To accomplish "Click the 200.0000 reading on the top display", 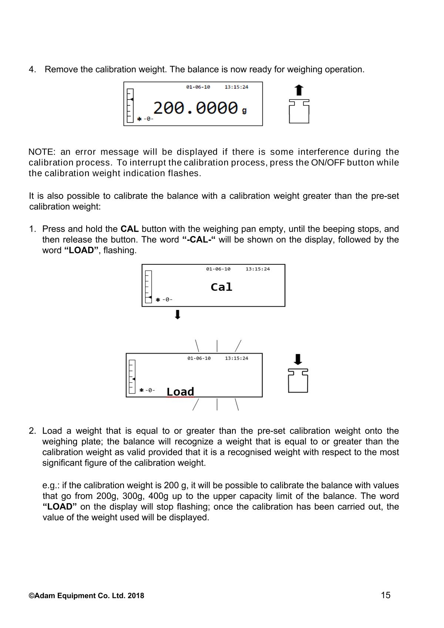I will (195, 108).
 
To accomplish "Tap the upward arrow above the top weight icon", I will (299, 90).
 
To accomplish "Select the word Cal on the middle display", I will (221, 287).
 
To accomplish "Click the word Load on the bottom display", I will (180, 392).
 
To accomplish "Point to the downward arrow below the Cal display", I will (178, 315).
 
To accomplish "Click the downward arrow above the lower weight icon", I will (298, 359).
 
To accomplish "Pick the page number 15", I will (386, 595).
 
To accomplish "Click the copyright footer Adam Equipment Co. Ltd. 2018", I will (87, 595).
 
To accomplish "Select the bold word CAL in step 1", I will (129, 229).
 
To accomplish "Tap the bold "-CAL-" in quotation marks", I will (199, 240).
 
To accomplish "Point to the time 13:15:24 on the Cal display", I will (258, 269).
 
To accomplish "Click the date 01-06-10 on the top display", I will (198, 87).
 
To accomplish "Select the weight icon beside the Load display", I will (298, 381).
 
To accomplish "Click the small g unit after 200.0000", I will (244, 110).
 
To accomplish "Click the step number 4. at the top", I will (33, 70).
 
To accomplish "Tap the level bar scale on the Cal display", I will (148, 287).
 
